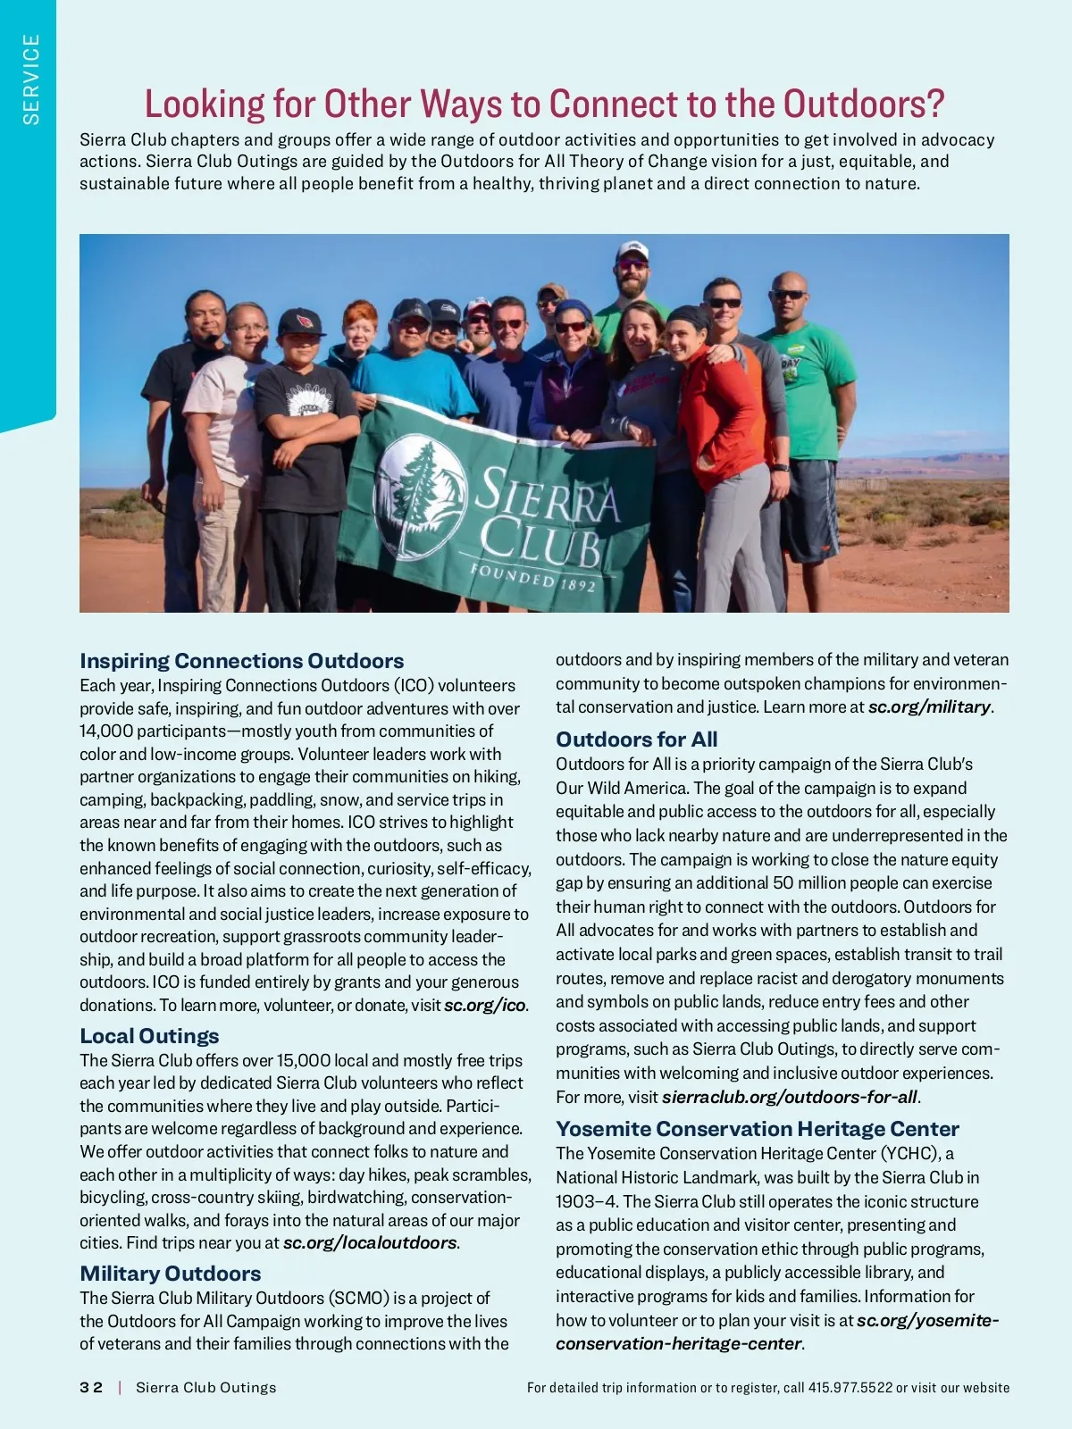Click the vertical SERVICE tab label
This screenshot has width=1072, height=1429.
pyautogui.click(x=31, y=79)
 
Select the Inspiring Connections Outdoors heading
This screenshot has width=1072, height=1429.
pyautogui.click(x=241, y=661)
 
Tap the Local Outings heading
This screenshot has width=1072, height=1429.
pyautogui.click(x=149, y=1036)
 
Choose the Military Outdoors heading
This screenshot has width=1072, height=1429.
pyautogui.click(x=171, y=1274)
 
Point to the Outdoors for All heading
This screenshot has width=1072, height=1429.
pyautogui.click(x=636, y=740)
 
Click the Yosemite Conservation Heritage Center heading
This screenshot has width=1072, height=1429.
pyautogui.click(x=757, y=1129)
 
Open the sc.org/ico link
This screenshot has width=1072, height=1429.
pyautogui.click(x=485, y=1005)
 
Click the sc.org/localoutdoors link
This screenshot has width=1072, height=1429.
pyautogui.click(x=369, y=1242)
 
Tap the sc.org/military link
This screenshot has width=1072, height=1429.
pyautogui.click(x=929, y=706)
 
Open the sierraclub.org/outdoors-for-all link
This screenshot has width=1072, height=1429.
pyautogui.click(x=789, y=1097)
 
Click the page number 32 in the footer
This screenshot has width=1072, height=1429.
pyautogui.click(x=91, y=1387)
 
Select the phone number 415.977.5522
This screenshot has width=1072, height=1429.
pyautogui.click(x=850, y=1387)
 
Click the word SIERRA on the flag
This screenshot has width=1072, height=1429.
pyautogui.click(x=547, y=497)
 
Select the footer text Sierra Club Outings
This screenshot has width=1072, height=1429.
pyautogui.click(x=205, y=1387)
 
